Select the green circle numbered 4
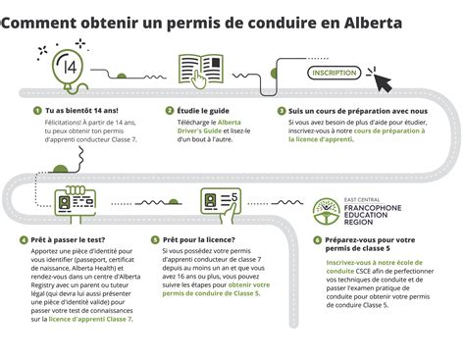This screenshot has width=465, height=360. click(22, 238)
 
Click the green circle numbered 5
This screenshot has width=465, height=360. click(155, 238)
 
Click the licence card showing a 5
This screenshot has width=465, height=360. click(221, 201)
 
